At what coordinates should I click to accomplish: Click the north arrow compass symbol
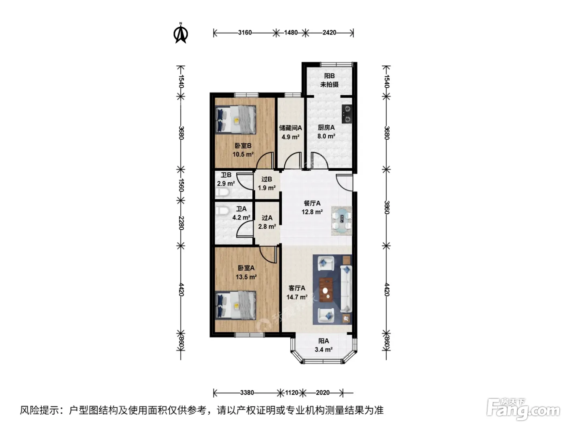tap(181, 33)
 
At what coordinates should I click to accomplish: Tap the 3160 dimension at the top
tap(245, 32)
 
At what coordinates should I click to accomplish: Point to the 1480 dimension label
tap(291, 32)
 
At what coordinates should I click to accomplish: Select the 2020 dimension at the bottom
tap(323, 393)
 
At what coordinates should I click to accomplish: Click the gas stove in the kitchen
tap(347, 114)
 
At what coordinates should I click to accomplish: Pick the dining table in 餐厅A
tap(342, 221)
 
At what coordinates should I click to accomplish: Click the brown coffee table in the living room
tap(326, 290)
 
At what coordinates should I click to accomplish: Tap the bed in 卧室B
tap(236, 120)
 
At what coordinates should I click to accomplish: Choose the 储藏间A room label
tap(290, 128)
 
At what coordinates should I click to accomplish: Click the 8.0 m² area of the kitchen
tap(326, 136)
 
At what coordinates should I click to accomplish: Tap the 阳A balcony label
tap(324, 341)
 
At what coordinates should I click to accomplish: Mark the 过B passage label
tap(266, 179)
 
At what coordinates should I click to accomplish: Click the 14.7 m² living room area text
tap(297, 297)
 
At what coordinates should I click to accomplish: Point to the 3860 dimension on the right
tap(386, 207)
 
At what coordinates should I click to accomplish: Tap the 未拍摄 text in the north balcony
tap(329, 84)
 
